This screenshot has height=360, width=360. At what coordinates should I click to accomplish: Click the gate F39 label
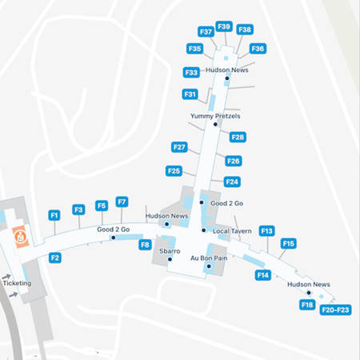pos(224,26)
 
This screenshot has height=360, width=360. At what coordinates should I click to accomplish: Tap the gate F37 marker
pos(206,32)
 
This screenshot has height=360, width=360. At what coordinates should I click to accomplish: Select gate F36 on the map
pos(257,48)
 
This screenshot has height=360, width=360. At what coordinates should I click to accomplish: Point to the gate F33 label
pos(191,72)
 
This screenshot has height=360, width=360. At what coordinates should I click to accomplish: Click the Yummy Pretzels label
pos(215,116)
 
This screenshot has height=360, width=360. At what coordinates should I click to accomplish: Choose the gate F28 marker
pos(238,137)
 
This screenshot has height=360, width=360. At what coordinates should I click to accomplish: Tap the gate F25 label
pos(174,170)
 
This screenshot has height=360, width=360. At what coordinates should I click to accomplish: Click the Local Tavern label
pos(232,231)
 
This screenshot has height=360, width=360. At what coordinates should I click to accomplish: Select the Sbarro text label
pos(170,251)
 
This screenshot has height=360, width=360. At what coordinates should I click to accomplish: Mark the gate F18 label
pos(307,305)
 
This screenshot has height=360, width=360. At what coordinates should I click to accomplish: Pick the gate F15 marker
pos(289,243)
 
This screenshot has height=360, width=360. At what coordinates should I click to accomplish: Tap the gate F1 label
pos(54,215)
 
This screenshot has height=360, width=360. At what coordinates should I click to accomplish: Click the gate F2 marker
pos(54,258)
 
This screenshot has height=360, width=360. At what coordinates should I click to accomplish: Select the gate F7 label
pos(122,202)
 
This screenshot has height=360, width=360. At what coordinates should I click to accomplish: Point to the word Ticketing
pos(18,283)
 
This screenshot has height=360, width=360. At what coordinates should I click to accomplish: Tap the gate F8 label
pos(145,245)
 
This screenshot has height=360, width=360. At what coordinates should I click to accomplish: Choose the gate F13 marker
pos(267,230)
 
